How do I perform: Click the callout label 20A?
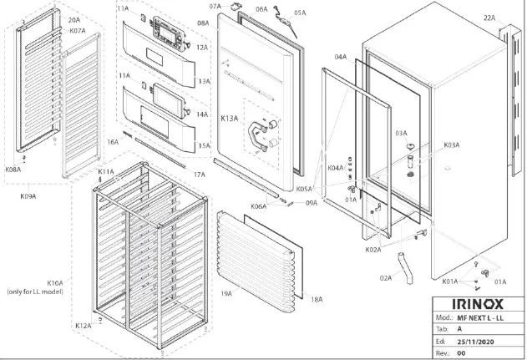[x=73, y=19]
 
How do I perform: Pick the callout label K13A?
[x=229, y=119]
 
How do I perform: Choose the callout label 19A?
[x=226, y=294]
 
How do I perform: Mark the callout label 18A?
[x=317, y=298]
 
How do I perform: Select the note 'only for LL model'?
[x=35, y=292]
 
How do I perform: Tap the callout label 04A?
[x=341, y=57]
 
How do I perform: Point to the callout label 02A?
[x=385, y=277]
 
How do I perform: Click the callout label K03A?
[x=452, y=145]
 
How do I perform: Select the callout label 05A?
[x=299, y=13]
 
